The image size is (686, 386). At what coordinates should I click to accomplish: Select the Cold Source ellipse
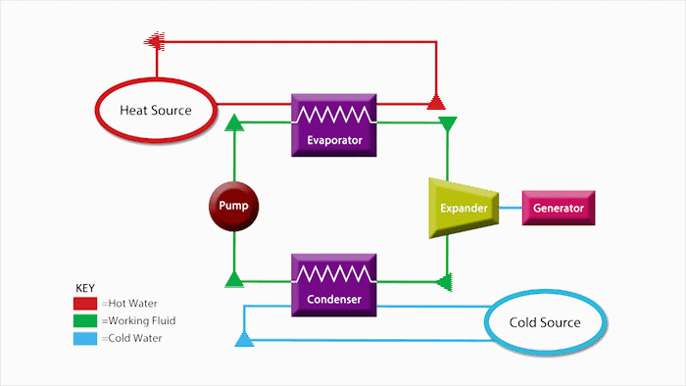545,322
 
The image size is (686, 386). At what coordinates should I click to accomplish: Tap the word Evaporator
333,140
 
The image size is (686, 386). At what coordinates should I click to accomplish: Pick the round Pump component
233,207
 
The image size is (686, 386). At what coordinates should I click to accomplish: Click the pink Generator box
559,208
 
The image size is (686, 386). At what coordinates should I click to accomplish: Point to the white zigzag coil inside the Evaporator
333,114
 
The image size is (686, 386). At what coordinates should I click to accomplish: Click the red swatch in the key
85,304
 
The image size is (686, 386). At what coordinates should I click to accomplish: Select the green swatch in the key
85,320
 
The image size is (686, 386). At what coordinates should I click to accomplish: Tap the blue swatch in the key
85,338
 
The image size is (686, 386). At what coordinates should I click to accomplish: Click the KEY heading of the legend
85,288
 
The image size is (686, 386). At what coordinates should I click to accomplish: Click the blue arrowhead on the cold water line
244,340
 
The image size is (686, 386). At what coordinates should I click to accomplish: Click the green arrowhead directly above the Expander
448,123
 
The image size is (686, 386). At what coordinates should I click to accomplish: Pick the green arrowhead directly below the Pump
233,279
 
